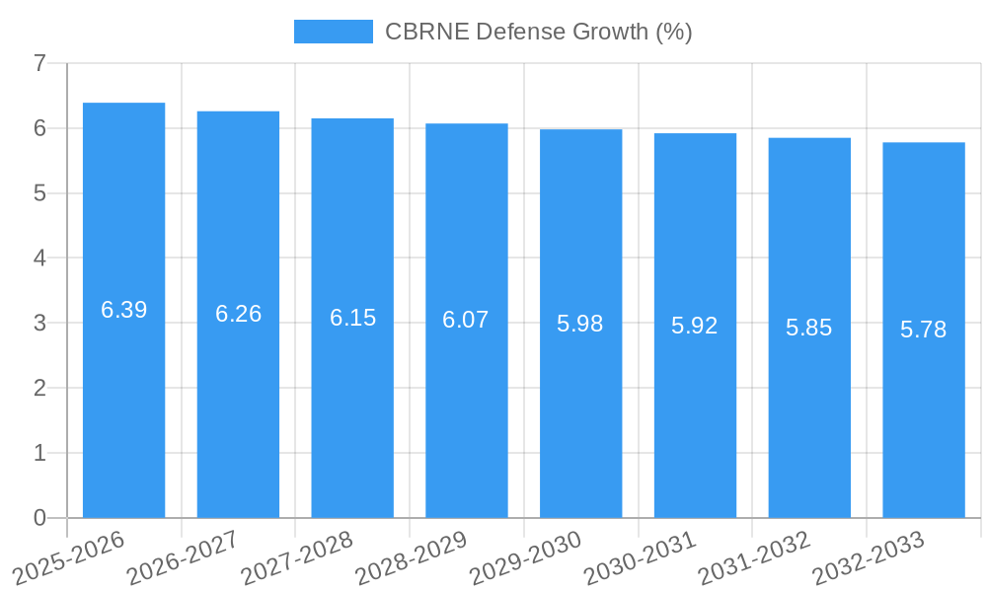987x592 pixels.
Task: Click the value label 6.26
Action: pos(238,314)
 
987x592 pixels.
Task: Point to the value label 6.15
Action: pos(352,318)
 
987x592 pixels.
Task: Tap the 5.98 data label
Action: pos(580,324)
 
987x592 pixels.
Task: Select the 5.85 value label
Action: pos(809,328)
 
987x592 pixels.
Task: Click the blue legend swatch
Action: pos(333,32)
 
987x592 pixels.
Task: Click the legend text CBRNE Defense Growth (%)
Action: pos(538,32)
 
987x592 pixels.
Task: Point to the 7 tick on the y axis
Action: pos(39,63)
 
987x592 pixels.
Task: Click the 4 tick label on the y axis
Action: pos(39,259)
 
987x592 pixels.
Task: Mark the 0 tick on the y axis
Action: pos(39,518)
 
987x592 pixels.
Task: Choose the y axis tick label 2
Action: pos(39,388)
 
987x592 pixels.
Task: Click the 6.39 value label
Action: pos(123,310)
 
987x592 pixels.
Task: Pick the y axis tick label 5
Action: pos(39,193)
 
